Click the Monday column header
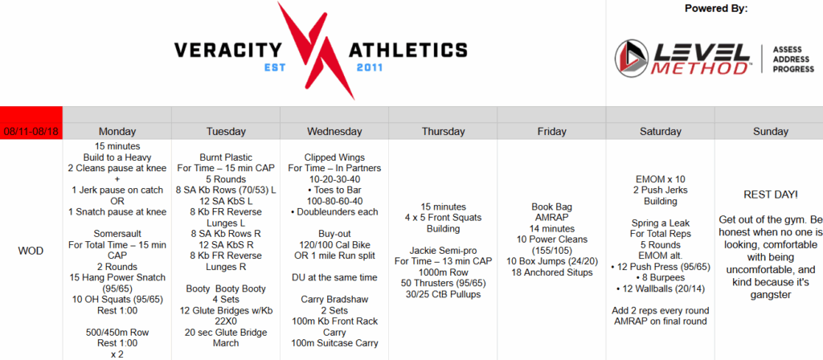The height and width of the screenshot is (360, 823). coord(117,131)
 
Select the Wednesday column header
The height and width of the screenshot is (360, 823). coord(334,131)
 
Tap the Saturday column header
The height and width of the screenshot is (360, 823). coord(661,131)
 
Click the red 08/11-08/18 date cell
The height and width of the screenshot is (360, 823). coord(31,131)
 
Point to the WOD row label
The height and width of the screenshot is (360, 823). coord(31,251)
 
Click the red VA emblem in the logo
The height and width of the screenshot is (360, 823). coord(317,51)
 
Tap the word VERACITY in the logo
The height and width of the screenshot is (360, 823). coord(227,51)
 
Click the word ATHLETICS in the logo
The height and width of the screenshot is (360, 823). coord(407,51)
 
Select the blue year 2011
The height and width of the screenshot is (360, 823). coord(370,67)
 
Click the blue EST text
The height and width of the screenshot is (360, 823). coord(276,67)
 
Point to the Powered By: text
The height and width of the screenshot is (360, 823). coord(716,9)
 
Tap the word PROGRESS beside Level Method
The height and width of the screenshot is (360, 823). coord(793,69)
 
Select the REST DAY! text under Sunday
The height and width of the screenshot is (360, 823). coord(771,194)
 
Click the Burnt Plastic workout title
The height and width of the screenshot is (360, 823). coord(226,157)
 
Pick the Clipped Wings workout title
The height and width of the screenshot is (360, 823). coord(334,157)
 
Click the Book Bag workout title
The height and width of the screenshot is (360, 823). coord(551,207)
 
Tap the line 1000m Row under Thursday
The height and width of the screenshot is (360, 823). coord(443,272)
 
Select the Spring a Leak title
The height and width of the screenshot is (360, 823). coord(661,223)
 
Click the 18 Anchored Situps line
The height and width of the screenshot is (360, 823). coord(551,272)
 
